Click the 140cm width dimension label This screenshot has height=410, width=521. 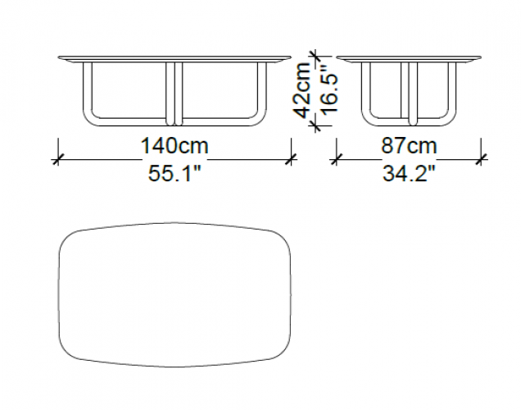[x=174, y=146]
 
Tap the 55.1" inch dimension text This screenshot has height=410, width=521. [x=174, y=173]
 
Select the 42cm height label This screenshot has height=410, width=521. [x=303, y=90]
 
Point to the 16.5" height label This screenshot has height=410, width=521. [x=330, y=90]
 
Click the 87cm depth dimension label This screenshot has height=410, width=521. [x=409, y=146]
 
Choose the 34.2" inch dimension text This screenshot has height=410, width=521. [x=409, y=173]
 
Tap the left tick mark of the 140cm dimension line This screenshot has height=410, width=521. [x=58, y=160]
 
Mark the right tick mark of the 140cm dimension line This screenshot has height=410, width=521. [x=292, y=160]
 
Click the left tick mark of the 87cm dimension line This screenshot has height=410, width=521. [x=336, y=160]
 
